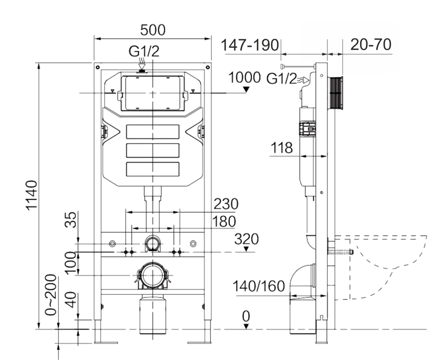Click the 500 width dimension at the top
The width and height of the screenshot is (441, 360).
153,30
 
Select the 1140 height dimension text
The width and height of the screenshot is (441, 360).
32,195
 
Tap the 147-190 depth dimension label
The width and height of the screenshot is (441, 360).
250,45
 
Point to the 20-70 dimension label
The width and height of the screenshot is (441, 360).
371,45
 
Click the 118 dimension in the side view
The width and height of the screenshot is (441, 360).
282,148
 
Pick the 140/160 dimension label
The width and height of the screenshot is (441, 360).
259,286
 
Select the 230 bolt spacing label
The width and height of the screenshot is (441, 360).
226,204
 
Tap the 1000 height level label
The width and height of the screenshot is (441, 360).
245,77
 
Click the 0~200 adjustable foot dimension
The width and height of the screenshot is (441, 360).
51,295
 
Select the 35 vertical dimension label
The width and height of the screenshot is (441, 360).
70,220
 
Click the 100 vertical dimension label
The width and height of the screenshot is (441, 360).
70,263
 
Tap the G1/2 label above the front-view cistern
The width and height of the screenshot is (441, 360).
144,51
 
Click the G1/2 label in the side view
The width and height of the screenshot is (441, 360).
282,79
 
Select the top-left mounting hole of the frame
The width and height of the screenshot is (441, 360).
98,67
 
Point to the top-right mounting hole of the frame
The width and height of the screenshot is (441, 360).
207,67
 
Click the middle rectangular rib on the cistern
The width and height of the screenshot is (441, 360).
153,150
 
